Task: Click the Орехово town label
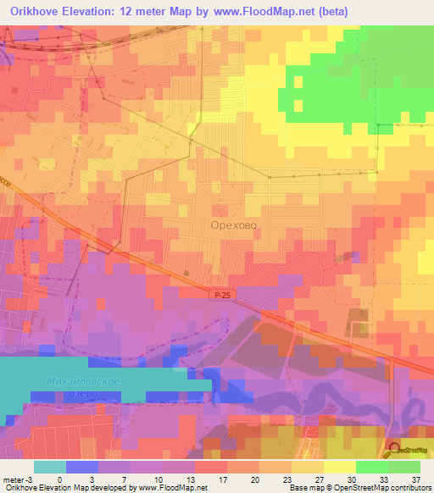click(x=233, y=226)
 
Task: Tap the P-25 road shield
click(x=220, y=294)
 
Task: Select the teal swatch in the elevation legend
click(x=50, y=467)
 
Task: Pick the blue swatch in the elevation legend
click(x=82, y=467)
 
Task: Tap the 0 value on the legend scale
click(x=59, y=479)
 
